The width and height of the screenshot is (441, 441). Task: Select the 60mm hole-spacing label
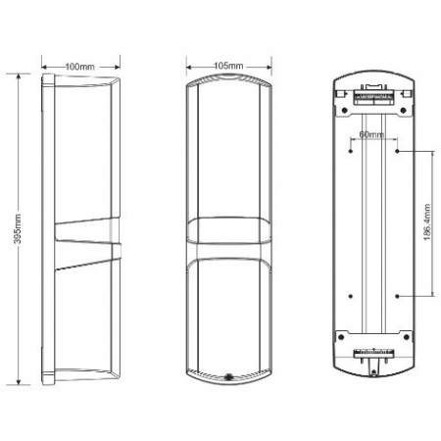click(x=371, y=134)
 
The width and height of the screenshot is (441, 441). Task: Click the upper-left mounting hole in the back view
click(x=351, y=151)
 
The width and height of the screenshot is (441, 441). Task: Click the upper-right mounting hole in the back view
click(x=394, y=151)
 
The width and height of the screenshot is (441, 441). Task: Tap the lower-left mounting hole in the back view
click(x=351, y=294)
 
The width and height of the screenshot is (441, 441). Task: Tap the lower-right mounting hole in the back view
click(x=394, y=294)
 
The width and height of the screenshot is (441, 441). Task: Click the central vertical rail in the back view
click(x=372, y=225)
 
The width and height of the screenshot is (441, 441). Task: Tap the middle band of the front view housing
click(x=227, y=236)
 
